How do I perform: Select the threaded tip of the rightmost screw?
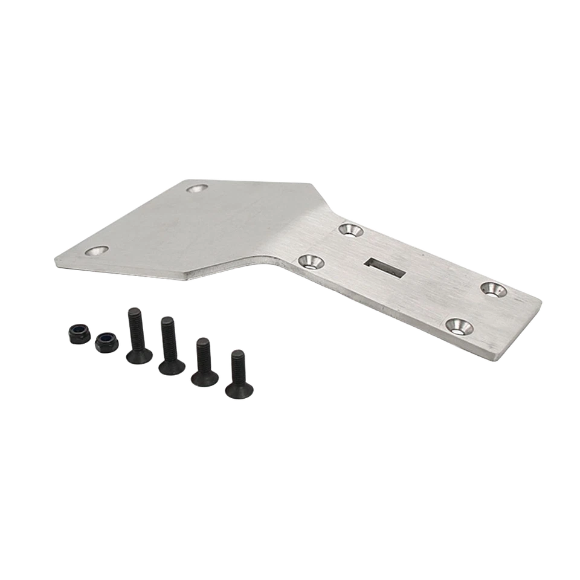click(237, 353)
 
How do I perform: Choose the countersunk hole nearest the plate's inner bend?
click(311, 262)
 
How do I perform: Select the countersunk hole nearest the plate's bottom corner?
click(459, 326)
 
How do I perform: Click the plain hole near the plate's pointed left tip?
click(97, 250)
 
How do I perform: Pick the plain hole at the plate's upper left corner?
click(196, 188)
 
